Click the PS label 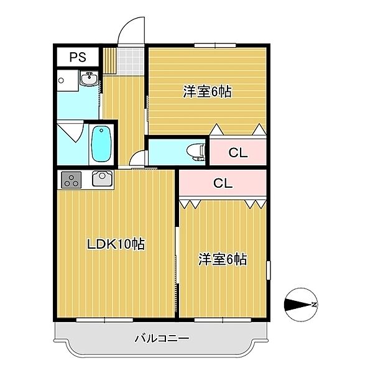78,57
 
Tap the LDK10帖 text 116,244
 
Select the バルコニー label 162,338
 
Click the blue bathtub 101,144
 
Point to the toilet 196,152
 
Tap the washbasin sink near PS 89,78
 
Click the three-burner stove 71,180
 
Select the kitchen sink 103,178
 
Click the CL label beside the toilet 238,152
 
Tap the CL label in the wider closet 223,183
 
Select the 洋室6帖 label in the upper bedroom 207,91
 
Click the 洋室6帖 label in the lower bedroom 223,259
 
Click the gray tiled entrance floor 131,61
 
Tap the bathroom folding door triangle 70,131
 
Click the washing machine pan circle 61,80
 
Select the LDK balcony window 104,320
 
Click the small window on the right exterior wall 269,270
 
